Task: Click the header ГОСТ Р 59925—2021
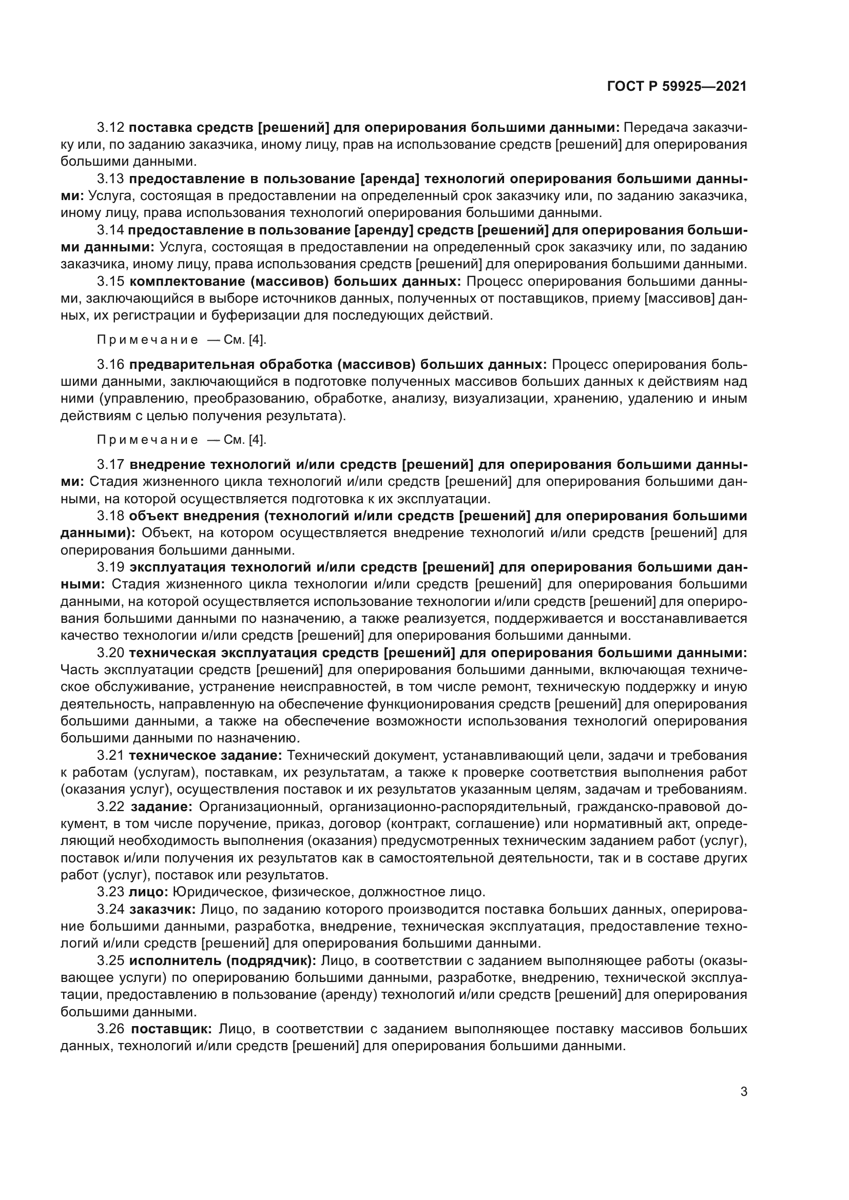pyautogui.click(x=677, y=87)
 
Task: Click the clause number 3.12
pyautogui.click(x=110, y=128)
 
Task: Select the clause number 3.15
pyautogui.click(x=110, y=282)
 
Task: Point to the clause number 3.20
pyautogui.click(x=110, y=653)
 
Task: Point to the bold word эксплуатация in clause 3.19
pyautogui.click(x=177, y=567)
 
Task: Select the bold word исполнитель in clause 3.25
pyautogui.click(x=168, y=960)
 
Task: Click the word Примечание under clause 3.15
pyautogui.click(x=147, y=340)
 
